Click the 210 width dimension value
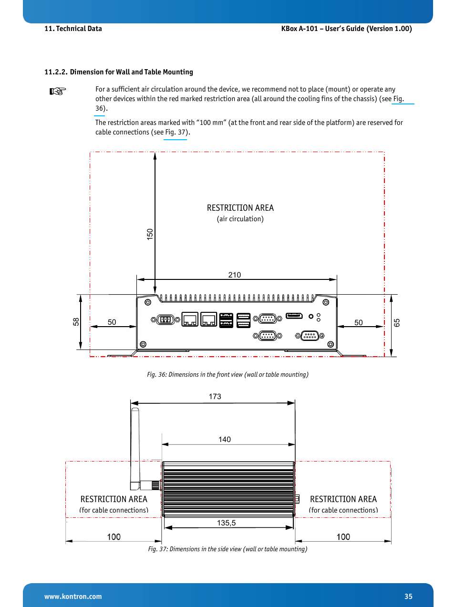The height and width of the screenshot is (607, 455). click(235, 275)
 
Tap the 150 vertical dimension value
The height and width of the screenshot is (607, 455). click(150, 234)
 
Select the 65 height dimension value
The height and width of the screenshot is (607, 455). click(397, 323)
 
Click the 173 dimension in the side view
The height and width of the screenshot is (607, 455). click(215, 396)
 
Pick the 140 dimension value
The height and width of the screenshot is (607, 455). click(224, 439)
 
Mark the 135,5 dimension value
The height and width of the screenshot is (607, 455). click(226, 523)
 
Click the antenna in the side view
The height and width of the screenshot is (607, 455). click(135, 448)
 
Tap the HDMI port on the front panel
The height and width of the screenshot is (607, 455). click(294, 316)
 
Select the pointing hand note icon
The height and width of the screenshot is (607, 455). click(58, 91)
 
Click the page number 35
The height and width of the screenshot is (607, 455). click(408, 596)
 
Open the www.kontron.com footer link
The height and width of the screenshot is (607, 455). click(73, 596)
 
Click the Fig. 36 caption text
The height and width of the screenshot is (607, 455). click(227, 374)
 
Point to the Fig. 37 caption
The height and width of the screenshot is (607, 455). click(227, 549)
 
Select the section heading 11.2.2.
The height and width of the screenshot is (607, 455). click(119, 72)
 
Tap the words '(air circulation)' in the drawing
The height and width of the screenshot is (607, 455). click(240, 219)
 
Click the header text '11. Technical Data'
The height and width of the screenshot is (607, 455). click(73, 29)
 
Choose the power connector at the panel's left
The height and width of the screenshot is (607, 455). click(165, 319)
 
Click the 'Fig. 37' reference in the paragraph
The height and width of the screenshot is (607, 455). click(175, 132)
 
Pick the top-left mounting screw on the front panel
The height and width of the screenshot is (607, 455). click(148, 302)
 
